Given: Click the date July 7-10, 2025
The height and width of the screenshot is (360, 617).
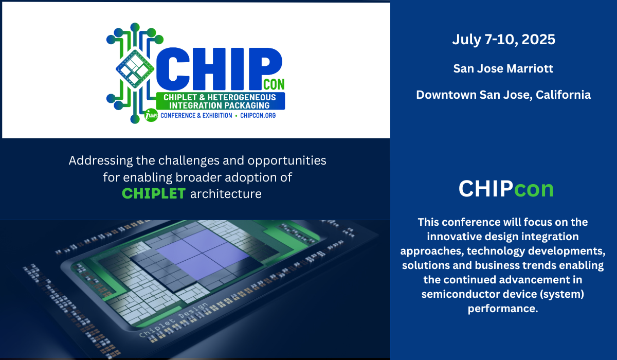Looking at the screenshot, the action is point(503,40).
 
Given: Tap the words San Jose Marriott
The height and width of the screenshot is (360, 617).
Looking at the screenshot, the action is point(503,68).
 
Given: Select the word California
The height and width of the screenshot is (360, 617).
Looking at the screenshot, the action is point(563,95).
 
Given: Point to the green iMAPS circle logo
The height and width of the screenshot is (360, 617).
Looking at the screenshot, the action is point(151,115).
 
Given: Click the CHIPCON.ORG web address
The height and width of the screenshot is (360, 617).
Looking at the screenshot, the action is point(258,115).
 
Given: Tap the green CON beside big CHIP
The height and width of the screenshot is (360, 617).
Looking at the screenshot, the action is point(274,84).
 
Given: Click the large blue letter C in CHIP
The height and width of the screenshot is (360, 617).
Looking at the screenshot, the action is point(173,69).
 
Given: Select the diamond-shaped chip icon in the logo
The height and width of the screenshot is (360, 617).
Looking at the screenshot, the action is point(135,69).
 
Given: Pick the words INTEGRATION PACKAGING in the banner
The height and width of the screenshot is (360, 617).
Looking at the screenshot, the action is point(219,105).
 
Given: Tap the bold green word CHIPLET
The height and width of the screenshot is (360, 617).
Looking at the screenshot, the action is point(154,193).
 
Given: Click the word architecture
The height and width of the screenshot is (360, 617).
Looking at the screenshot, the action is point(226,194).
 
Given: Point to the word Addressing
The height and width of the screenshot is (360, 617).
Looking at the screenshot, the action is point(101,161).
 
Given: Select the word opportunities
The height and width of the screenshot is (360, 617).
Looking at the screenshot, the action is point(287,161).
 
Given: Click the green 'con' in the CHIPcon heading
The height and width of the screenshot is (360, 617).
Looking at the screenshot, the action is point(534,189).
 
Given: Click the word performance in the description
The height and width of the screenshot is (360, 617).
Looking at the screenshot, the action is point(503,309).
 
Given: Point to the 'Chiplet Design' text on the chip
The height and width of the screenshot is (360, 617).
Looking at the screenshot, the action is point(173,320).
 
